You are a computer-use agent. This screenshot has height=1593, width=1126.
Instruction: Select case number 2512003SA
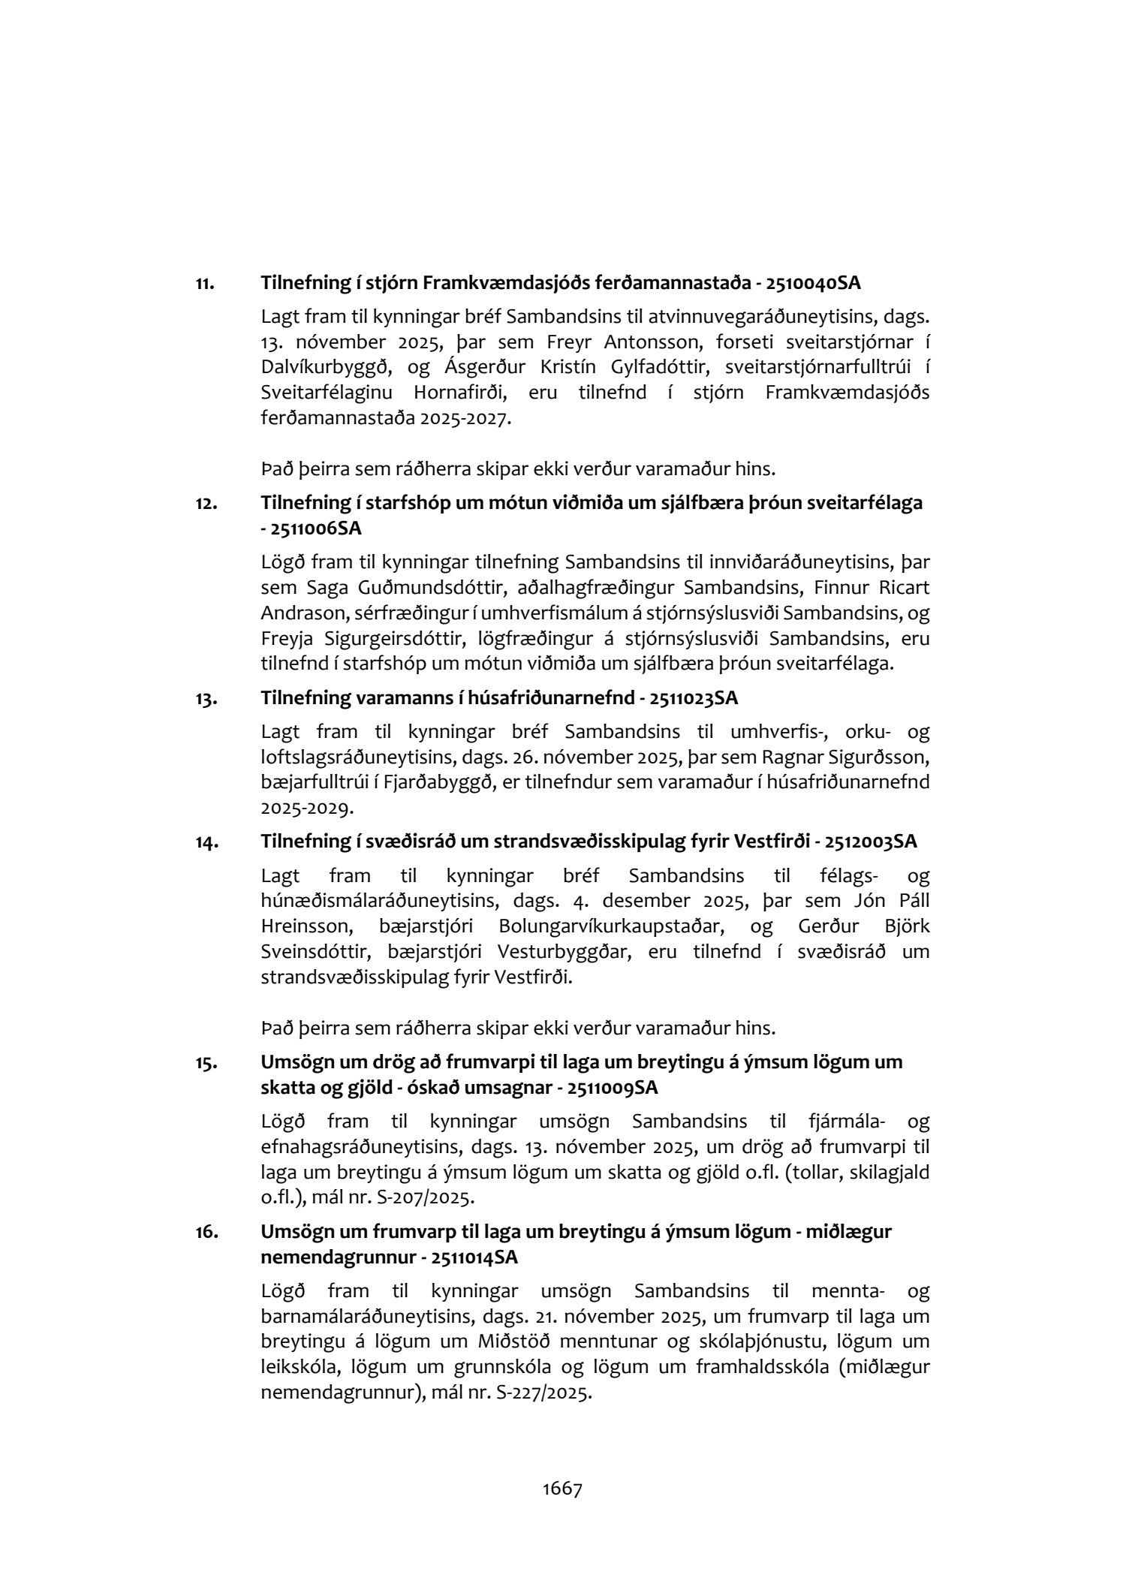point(870,842)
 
